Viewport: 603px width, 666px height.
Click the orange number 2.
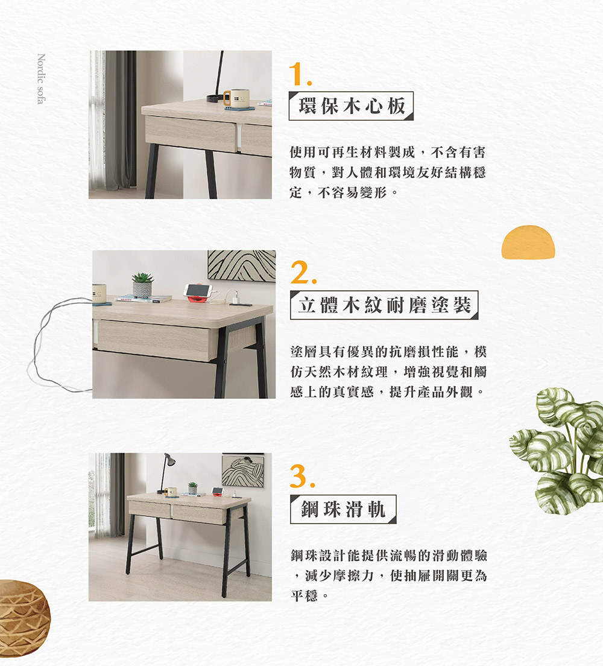(301, 274)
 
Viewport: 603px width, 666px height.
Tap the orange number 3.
(301, 476)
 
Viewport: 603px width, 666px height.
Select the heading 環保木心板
(351, 106)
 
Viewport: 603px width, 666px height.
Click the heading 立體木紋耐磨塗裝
(384, 305)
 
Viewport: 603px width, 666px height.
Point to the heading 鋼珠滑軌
(343, 509)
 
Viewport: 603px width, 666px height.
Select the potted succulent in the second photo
(142, 284)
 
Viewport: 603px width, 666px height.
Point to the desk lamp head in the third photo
(171, 461)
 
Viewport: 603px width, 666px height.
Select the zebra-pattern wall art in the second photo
(241, 266)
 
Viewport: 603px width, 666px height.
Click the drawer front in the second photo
(153, 340)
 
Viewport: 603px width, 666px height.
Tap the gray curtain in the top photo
(119, 121)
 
